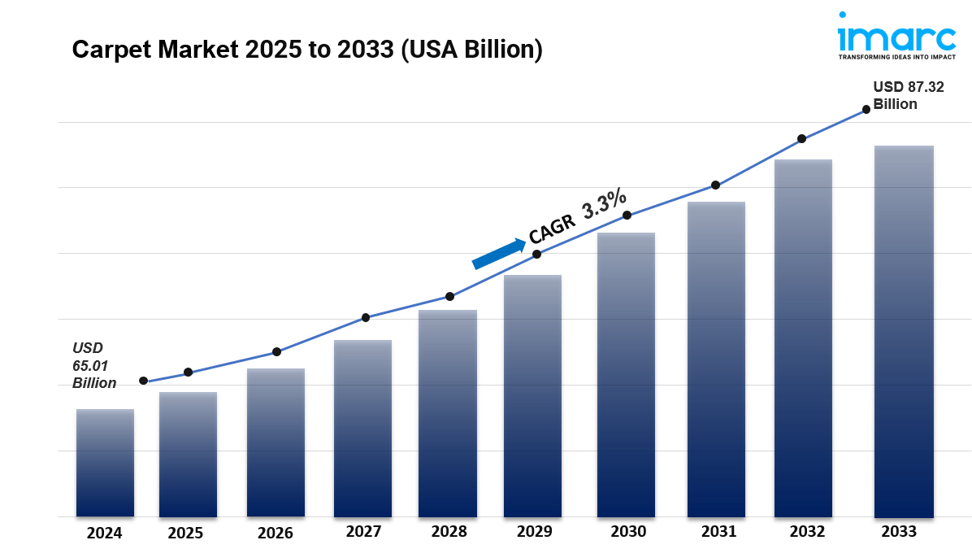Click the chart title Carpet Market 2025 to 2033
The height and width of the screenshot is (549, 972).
(307, 50)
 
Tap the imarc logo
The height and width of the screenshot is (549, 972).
(896, 36)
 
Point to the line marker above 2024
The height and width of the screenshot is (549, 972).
(144, 381)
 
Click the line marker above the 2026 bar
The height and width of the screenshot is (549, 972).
(276, 352)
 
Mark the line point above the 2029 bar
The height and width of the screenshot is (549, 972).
(536, 255)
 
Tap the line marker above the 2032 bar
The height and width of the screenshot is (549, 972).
(801, 139)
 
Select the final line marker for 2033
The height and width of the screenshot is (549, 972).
(866, 109)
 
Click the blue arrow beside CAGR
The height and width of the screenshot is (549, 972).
(498, 254)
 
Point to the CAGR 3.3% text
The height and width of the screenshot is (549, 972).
(578, 216)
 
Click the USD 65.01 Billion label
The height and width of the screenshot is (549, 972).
(93, 365)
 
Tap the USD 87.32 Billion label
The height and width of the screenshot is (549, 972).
(908, 96)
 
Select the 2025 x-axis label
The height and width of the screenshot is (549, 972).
(185, 534)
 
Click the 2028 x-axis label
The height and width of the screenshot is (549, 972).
(449, 532)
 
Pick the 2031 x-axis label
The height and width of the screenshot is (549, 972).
(718, 532)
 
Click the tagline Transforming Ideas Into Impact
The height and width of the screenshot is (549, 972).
(896, 58)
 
